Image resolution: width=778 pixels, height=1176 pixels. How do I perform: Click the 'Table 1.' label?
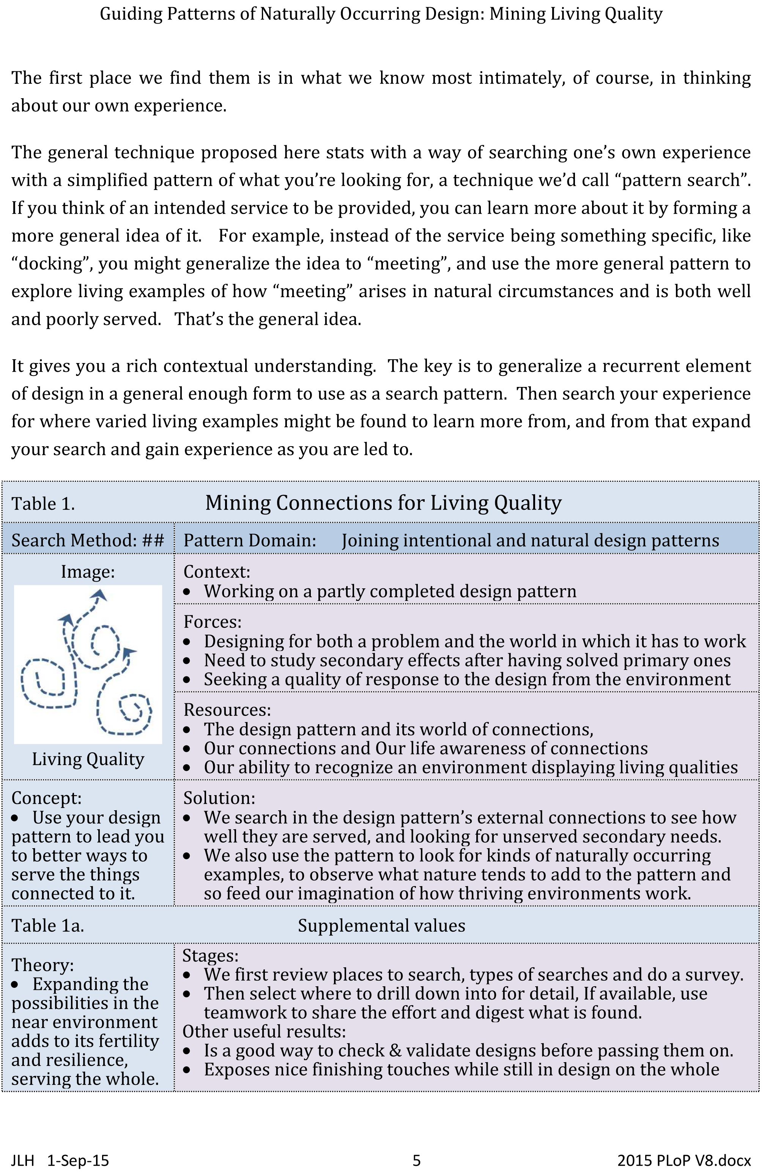43,504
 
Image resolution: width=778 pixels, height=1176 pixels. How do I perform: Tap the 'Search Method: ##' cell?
87,540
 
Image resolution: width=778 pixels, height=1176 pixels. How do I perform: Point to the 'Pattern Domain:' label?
250,540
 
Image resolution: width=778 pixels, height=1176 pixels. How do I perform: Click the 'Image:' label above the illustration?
88,572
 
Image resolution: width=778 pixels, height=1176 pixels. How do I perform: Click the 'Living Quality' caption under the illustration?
88,759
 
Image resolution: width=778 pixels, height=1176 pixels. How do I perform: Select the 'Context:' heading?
217,572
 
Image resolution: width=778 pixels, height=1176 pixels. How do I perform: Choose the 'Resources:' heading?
227,710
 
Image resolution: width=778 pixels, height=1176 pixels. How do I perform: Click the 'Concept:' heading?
46,798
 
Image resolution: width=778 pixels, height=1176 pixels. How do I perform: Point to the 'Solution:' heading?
219,798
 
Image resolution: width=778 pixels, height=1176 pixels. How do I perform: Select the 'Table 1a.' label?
48,926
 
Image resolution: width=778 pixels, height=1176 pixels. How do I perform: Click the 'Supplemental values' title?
381,926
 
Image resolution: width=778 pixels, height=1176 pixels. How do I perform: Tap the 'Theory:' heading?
43,965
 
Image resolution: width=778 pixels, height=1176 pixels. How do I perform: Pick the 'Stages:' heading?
210,955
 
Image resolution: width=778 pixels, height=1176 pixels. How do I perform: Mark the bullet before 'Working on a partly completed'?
187,592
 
